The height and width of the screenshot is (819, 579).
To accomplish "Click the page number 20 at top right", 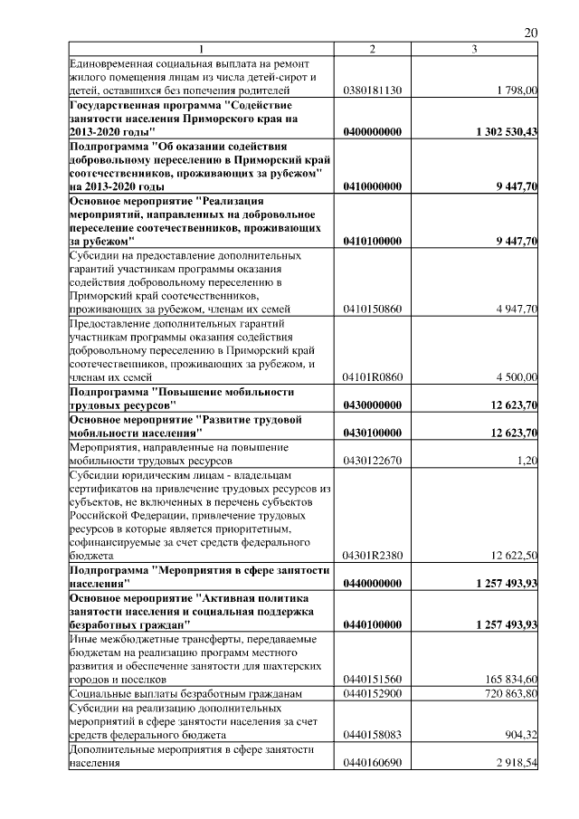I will click(531, 33).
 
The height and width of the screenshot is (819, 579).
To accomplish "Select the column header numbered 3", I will click(475, 48).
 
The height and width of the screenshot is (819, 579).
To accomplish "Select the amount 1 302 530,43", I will click(507, 132).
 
